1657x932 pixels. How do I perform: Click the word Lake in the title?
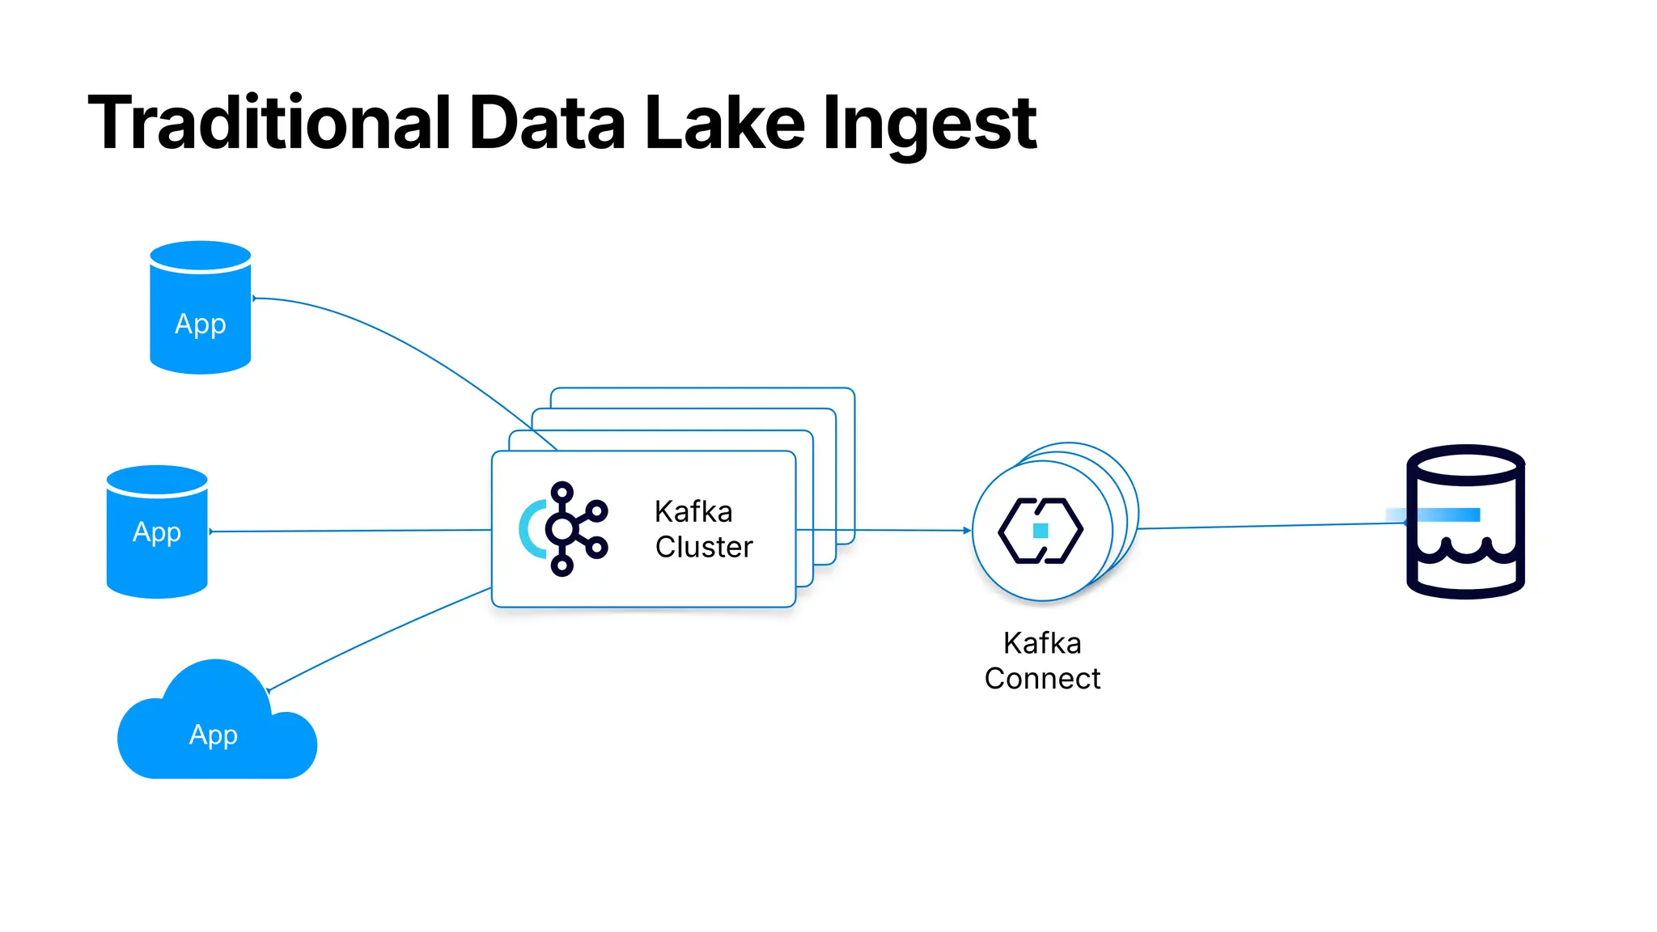coord(724,123)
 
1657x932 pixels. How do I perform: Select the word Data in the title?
coord(547,123)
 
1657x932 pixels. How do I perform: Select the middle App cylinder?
coord(157,532)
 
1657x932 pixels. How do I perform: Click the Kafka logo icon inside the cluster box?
coord(564,529)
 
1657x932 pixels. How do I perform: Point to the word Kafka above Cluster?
coord(693,512)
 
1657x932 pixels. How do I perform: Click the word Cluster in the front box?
coord(704,548)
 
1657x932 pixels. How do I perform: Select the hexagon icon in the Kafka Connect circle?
coord(1040,531)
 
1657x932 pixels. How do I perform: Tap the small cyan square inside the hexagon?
coord(1041,531)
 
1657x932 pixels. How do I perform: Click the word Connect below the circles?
coord(1042,679)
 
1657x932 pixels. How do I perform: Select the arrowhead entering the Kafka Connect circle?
coord(967,531)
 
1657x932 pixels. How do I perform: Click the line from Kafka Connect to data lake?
coord(1270,526)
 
